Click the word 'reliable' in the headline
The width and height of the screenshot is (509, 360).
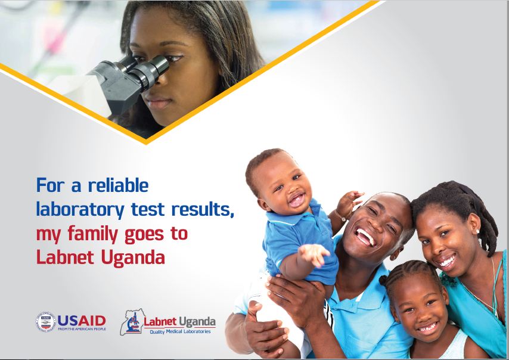coord(118,185)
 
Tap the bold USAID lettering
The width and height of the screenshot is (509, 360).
coord(82,320)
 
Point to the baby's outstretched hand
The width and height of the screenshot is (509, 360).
coord(314,255)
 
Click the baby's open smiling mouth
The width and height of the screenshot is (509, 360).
coord(296,201)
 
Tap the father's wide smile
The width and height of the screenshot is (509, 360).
coord(365,237)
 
